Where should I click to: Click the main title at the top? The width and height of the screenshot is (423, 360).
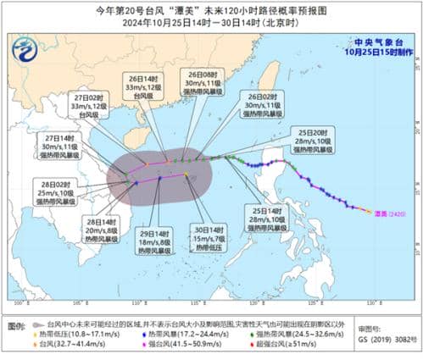(211, 9)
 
